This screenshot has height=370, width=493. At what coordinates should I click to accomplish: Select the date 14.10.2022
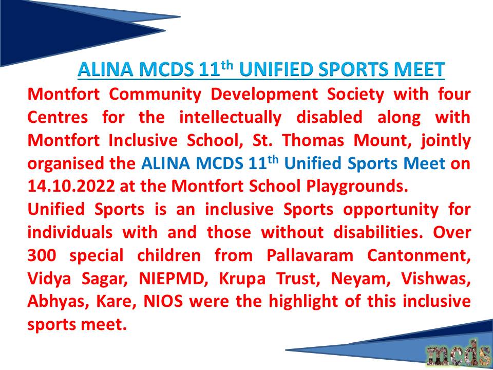[x=71, y=187]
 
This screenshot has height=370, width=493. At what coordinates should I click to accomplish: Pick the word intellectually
[x=230, y=118]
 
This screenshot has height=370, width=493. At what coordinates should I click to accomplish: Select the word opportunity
[x=390, y=210]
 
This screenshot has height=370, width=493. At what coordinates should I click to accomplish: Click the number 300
[x=42, y=256]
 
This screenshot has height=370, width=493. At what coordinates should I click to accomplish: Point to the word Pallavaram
[x=310, y=256]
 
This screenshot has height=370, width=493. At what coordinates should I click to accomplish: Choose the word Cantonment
[x=419, y=256]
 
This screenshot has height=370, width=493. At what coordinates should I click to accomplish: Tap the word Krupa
[x=242, y=280]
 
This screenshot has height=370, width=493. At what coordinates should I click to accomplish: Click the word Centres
[x=58, y=118]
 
